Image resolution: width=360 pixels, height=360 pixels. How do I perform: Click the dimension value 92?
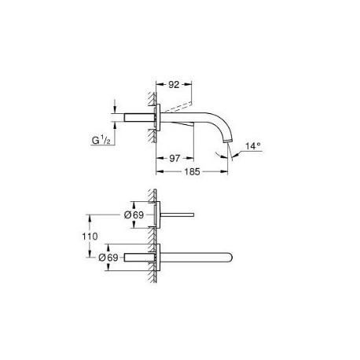174,84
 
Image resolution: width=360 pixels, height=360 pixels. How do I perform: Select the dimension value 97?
174,158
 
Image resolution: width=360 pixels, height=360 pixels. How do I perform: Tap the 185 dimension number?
192,172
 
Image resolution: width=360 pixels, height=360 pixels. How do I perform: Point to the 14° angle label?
253,146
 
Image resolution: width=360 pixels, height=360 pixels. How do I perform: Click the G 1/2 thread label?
101,141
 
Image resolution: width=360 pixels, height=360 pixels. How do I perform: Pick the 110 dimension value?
90,237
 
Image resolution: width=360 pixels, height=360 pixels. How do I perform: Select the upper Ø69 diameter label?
134,215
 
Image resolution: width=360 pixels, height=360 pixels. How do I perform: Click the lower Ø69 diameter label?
108,258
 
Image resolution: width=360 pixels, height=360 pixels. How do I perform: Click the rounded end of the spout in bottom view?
230,257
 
